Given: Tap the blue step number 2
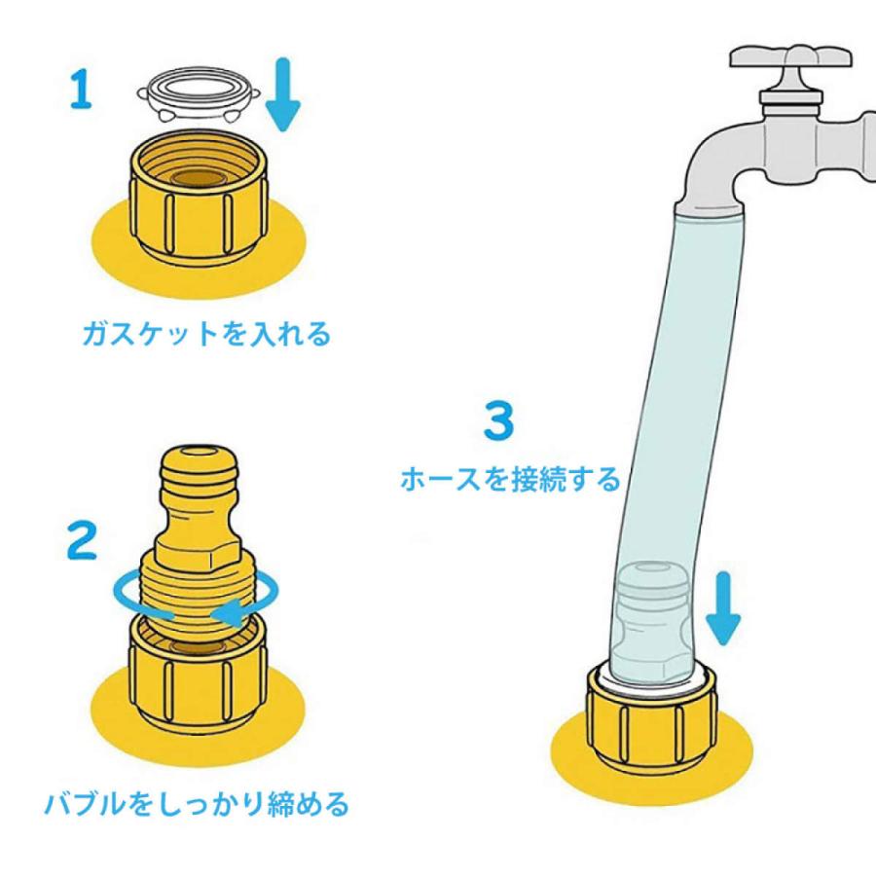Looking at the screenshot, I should click(x=82, y=540).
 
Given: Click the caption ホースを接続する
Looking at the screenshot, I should click(x=510, y=479).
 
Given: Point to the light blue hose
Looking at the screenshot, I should click(x=672, y=389).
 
